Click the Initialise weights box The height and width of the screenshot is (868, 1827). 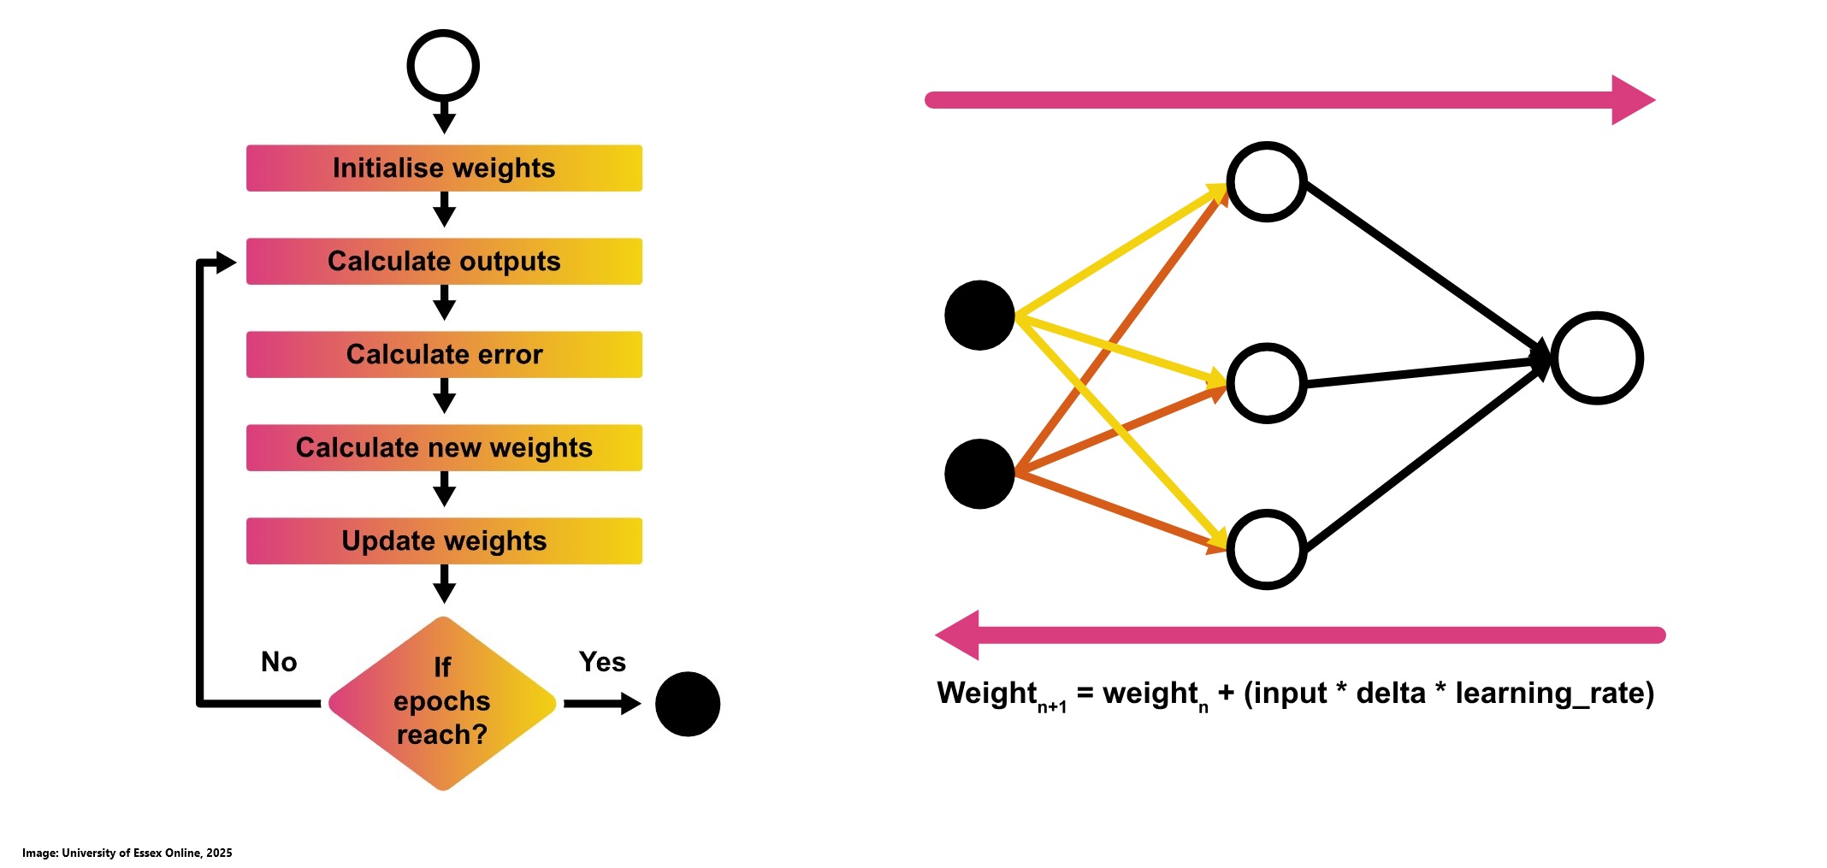[444, 168]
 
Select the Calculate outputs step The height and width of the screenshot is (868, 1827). [444, 261]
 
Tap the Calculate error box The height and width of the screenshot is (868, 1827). [444, 354]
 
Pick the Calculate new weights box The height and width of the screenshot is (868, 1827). [444, 447]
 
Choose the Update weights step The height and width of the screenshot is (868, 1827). [444, 540]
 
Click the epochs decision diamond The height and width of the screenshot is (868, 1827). [442, 702]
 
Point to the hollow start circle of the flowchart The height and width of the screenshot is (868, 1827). [442, 66]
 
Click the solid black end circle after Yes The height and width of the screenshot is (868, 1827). [688, 704]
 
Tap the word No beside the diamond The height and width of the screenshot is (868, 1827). [279, 662]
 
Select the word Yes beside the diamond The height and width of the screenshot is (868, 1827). [602, 662]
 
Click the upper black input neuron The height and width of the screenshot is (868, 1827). [979, 315]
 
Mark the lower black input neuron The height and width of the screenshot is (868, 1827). [979, 474]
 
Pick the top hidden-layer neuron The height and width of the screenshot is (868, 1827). [1266, 181]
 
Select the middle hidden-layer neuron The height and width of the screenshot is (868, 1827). [1266, 382]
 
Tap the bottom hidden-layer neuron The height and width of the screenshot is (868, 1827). [1266, 549]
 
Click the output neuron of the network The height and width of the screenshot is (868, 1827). [1597, 357]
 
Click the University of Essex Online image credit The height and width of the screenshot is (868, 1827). [127, 853]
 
